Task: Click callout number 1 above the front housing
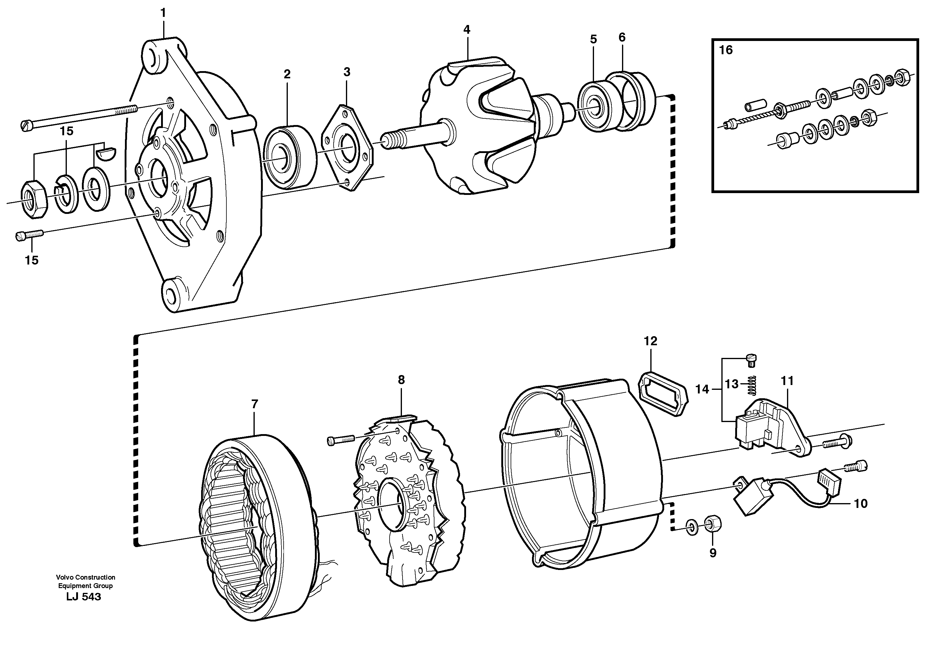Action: pyautogui.click(x=163, y=13)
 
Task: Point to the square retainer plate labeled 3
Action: pyautogui.click(x=347, y=147)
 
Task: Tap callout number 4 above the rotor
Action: pyautogui.click(x=466, y=30)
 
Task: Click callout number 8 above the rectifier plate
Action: pyautogui.click(x=401, y=380)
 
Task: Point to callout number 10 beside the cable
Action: pyautogui.click(x=860, y=503)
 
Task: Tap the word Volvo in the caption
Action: pyautogui.click(x=64, y=577)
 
